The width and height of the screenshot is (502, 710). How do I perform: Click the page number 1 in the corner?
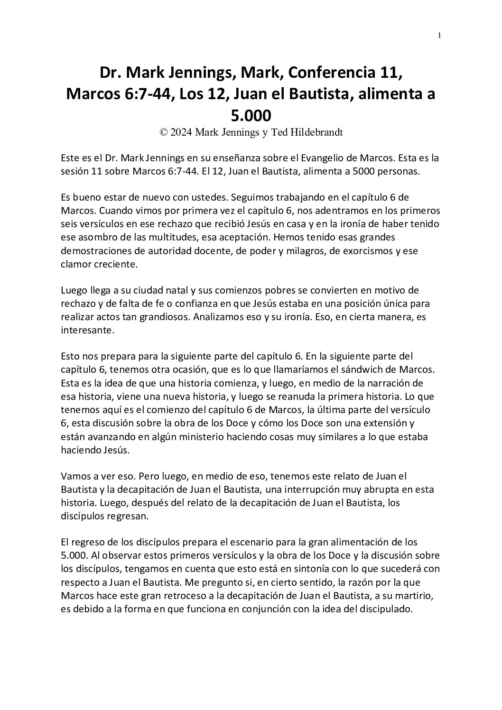point(440,35)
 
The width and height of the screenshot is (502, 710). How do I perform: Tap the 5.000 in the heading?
point(251,115)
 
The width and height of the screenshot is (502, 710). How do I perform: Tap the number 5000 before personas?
point(364,172)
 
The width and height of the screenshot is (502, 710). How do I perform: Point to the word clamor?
point(75,265)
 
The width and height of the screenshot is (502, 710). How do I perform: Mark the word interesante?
point(87,331)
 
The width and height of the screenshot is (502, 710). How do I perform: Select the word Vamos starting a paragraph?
point(74,476)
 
